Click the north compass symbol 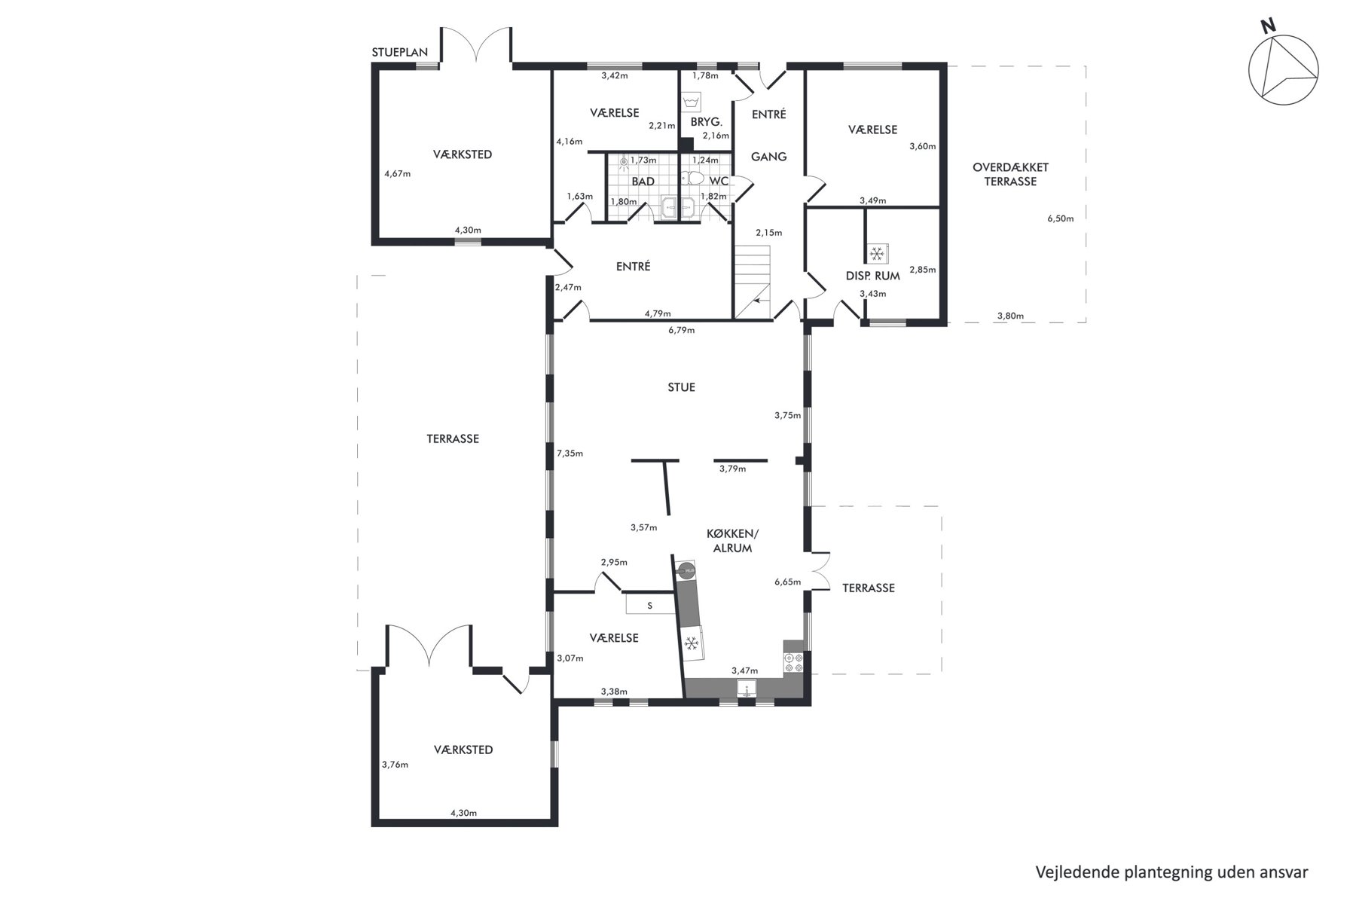1284,69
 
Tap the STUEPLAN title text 400,53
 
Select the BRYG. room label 706,122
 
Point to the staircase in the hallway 753,282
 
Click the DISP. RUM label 873,276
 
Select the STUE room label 682,387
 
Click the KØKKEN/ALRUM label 733,541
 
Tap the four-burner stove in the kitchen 794,662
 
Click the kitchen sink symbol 746,689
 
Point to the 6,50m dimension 1060,219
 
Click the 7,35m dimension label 570,454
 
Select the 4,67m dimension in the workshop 397,173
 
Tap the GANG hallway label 769,157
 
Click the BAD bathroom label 643,182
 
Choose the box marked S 650,605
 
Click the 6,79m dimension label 681,330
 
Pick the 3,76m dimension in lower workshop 395,765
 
